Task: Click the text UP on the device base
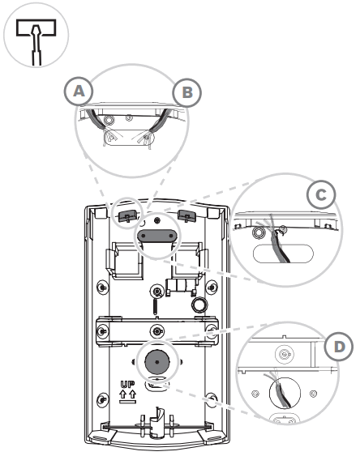(127, 386)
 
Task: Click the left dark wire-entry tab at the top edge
(126, 216)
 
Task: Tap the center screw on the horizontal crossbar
(156, 330)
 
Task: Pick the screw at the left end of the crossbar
(104, 330)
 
